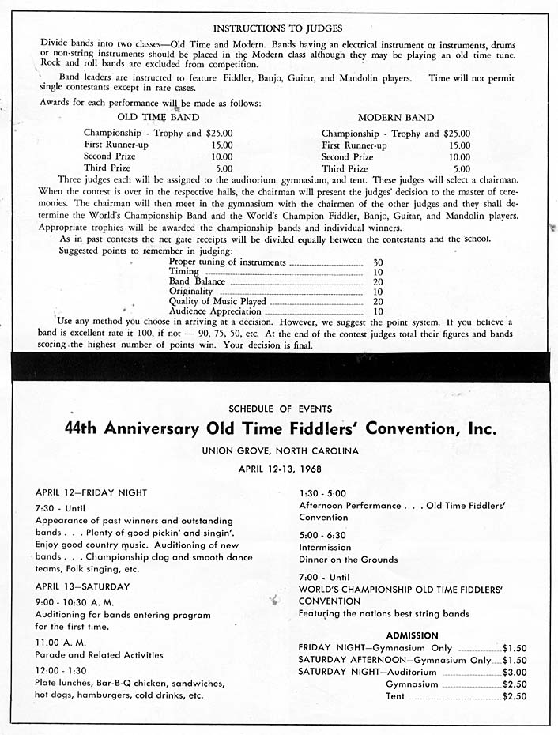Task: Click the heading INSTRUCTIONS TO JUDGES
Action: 277,28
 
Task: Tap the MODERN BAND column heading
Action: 395,118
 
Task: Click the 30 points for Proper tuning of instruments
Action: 378,262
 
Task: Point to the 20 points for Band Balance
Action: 378,281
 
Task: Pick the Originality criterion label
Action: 190,292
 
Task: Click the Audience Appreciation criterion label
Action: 214,311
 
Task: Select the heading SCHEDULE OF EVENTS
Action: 280,409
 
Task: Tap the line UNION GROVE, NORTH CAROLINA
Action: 280,451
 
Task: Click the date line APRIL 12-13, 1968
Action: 280,469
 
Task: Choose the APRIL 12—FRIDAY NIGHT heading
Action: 91,492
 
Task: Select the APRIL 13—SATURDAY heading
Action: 82,586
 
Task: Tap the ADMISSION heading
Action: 412,635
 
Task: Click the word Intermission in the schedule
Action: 325,547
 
